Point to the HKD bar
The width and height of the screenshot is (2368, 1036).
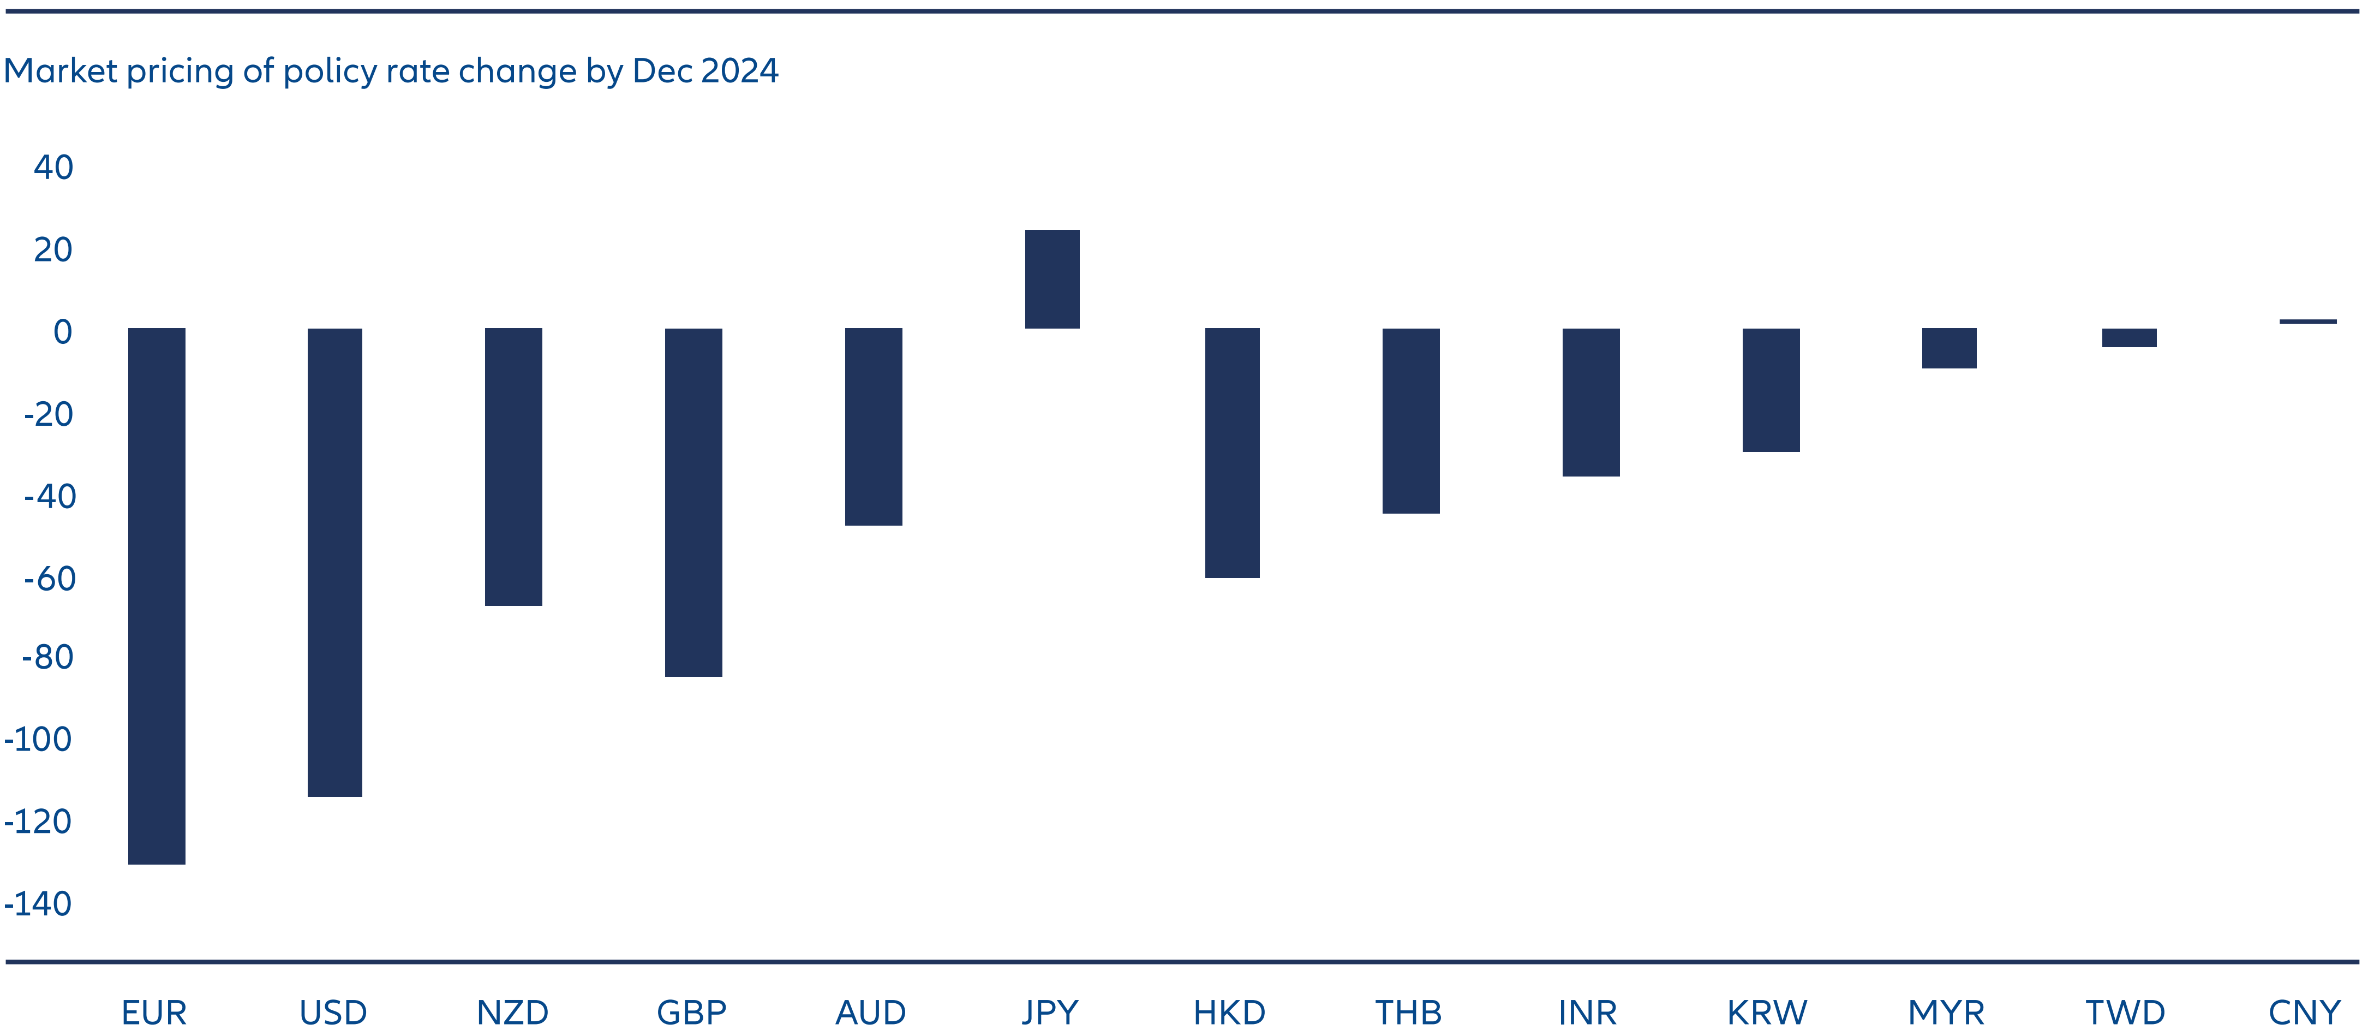1232,452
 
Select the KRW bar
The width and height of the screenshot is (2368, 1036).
1771,390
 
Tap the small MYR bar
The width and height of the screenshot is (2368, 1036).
1949,348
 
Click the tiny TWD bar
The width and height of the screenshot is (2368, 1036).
2129,337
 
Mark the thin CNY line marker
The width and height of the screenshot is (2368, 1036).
2307,321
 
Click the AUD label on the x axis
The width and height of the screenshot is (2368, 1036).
870,1012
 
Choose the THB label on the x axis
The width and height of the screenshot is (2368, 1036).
1408,1012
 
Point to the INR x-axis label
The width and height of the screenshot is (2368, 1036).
1588,1012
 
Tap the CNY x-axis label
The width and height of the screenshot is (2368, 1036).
2304,1012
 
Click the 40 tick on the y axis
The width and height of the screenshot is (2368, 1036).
53,168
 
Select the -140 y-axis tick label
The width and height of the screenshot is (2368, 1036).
39,903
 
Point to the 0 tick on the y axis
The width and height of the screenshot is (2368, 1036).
63,332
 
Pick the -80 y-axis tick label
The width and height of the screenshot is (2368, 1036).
48,657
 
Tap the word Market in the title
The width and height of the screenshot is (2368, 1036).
61,71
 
